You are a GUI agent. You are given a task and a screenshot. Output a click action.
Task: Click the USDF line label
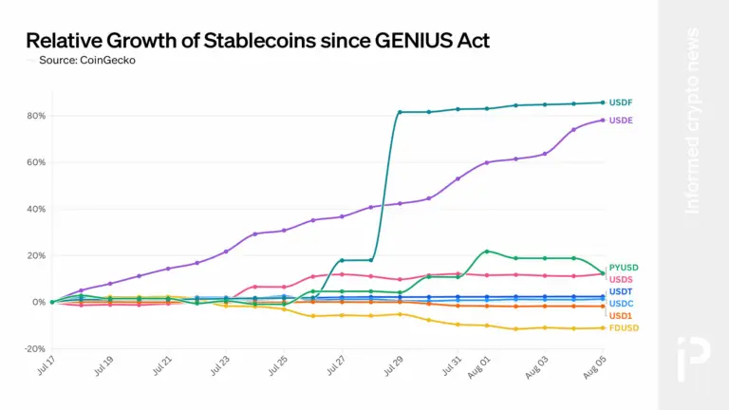pos(621,102)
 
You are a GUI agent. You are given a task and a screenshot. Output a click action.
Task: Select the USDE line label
pos(621,121)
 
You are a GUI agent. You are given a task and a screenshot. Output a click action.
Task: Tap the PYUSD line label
pos(622,269)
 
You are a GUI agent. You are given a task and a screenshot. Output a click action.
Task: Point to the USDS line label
pos(621,279)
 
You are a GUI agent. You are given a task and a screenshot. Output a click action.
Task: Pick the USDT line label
pos(620,291)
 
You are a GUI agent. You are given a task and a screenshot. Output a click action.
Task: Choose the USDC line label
pos(621,303)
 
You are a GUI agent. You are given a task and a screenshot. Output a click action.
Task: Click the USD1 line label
pos(620,315)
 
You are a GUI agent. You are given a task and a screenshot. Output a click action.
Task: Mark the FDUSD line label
pos(622,327)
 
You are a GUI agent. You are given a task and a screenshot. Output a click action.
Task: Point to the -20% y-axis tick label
pos(34,348)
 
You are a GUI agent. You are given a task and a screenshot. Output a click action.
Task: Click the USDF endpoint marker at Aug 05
pos(602,102)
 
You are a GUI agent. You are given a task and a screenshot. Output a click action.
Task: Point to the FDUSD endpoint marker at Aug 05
pos(602,327)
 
